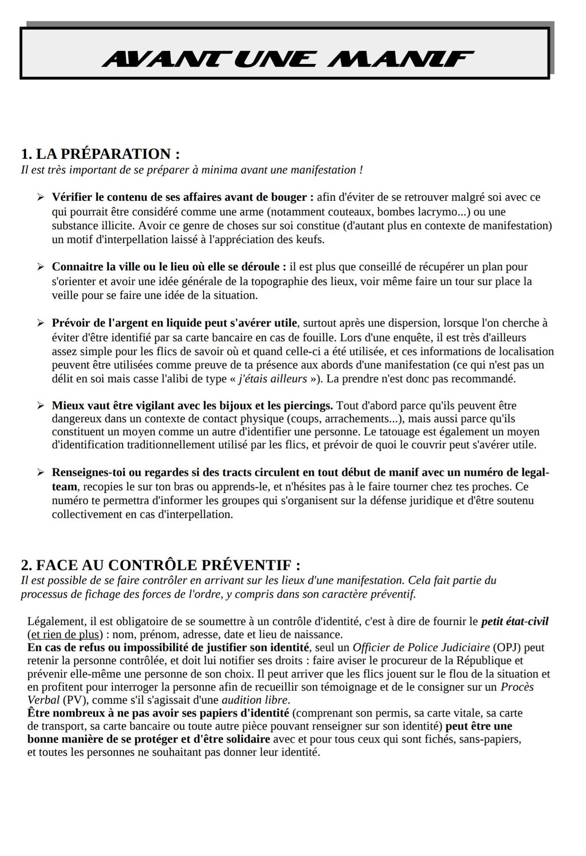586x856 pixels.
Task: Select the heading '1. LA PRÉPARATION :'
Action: pos(100,154)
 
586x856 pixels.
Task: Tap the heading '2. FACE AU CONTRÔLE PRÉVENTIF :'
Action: pos(161,565)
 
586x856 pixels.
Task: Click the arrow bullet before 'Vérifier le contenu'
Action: pos(41,197)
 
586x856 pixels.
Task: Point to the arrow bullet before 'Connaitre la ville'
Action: pos(41,266)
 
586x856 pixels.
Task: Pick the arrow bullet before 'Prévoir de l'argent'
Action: pos(41,323)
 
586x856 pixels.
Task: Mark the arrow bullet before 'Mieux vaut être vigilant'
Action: pos(41,405)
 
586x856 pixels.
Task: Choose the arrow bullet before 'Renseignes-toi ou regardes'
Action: pos(41,472)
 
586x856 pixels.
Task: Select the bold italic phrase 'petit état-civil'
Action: pos(515,621)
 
